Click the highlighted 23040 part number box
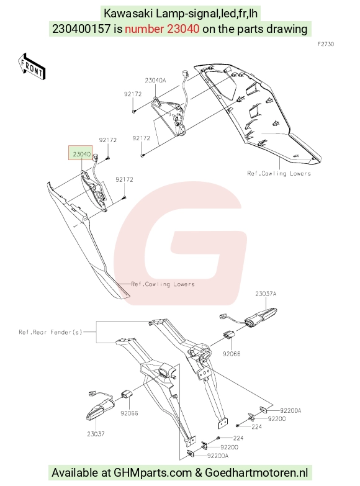click(81, 153)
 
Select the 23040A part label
click(155, 80)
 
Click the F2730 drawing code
click(326, 44)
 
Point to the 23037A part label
click(266, 294)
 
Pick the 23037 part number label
click(96, 434)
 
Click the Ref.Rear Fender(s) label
click(50, 332)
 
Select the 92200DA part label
click(290, 410)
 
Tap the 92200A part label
click(218, 456)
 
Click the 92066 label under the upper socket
click(232, 354)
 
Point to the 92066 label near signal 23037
click(129, 413)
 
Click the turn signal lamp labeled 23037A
click(261, 317)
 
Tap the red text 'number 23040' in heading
click(162, 29)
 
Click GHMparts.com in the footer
click(153, 473)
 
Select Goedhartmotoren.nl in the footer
click(256, 473)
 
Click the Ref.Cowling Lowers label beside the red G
click(163, 284)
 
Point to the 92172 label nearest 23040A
click(133, 94)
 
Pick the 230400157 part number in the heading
click(81, 29)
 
